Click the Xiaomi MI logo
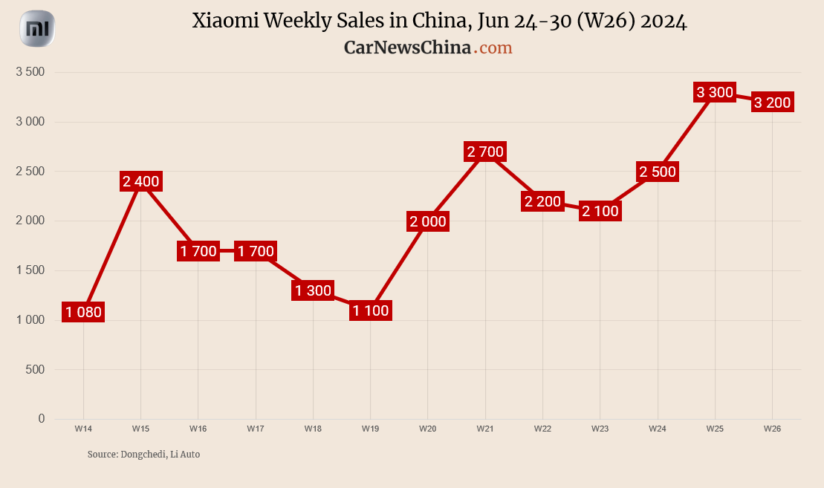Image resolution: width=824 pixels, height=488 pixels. coord(37,30)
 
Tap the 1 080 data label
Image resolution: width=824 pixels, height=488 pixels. coord(83,312)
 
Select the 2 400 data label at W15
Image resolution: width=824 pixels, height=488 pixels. coord(140,181)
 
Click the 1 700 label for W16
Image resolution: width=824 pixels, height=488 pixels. coord(198,251)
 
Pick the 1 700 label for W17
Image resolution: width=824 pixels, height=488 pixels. coord(256,251)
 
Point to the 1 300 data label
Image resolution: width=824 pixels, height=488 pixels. coord(313,290)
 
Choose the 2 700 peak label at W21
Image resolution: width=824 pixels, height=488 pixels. coord(485,152)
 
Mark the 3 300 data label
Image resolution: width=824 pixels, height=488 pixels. coord(715,93)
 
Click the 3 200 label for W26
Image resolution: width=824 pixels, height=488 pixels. coord(772,103)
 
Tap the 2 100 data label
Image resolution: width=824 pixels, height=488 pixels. coord(600,211)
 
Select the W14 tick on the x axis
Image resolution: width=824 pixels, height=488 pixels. coord(83,429)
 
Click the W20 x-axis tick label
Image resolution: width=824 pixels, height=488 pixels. coord(427,429)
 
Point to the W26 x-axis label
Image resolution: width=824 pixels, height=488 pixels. coord(772,429)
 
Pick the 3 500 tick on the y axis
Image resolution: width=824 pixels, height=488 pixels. coord(31,72)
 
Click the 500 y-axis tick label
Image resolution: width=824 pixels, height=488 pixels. coord(35,369)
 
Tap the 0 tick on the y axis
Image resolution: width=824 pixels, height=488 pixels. coord(42,419)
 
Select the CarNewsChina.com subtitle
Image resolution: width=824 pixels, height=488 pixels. coord(428,48)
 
